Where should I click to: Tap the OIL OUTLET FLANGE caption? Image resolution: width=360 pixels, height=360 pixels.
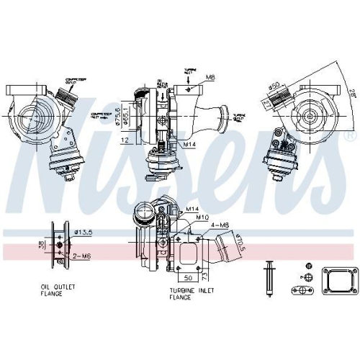coord(58,289)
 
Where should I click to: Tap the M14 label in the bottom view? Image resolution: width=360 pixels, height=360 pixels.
coord(192,209)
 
